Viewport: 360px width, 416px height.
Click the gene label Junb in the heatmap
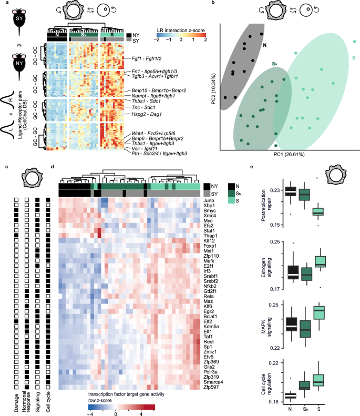pyautogui.click(x=211, y=199)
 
